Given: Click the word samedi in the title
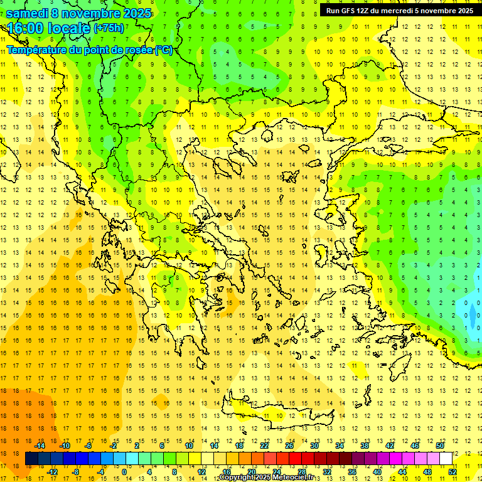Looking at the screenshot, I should (26, 13).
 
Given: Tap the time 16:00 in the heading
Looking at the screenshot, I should (26, 28).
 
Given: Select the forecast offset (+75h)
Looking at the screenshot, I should (109, 28).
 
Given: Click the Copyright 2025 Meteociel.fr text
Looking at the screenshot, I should (266, 478).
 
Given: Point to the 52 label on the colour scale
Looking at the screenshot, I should (453, 472).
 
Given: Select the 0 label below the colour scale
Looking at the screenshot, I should (124, 472).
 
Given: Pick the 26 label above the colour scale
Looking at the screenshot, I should (289, 446).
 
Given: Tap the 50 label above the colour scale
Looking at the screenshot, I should (440, 446).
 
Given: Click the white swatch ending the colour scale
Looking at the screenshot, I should (446, 459).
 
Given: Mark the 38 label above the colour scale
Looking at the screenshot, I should (365, 446).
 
